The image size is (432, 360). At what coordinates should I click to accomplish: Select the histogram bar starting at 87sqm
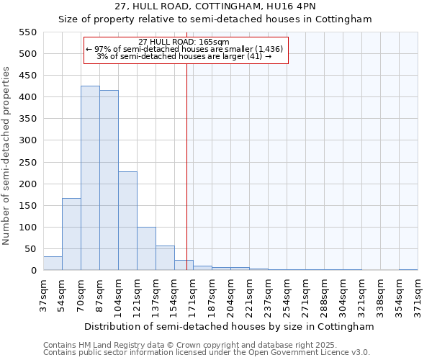pyautogui.click(x=109, y=180)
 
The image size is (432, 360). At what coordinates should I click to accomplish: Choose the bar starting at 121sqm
pyautogui.click(x=146, y=248)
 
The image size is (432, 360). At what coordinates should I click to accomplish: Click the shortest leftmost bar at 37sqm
pyautogui.click(x=53, y=264)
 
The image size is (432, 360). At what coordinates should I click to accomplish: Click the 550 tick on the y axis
pyautogui.click(x=27, y=32)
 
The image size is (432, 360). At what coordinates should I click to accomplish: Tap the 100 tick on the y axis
pyautogui.click(x=27, y=228)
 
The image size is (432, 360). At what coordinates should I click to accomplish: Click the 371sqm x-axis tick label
pyautogui.click(x=418, y=293)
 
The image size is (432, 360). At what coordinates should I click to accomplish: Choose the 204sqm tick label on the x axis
pyautogui.click(x=231, y=293)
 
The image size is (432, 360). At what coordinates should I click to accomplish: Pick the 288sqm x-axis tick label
pyautogui.click(x=325, y=293)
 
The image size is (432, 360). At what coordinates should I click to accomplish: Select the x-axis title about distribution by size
pyautogui.click(x=230, y=326)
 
